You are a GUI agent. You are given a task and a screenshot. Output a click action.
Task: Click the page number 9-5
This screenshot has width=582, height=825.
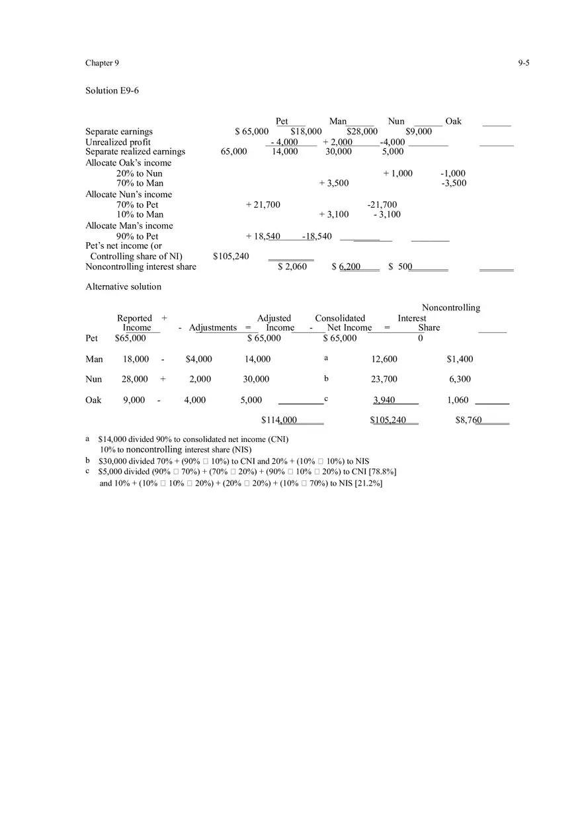pos(524,63)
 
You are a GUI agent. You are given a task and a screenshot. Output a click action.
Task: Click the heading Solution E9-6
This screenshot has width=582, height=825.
pos(112,91)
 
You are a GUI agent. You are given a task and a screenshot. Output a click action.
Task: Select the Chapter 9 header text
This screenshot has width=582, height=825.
pos(102,63)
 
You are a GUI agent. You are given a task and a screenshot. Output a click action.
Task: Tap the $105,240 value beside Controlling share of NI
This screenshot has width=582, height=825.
pos(231,257)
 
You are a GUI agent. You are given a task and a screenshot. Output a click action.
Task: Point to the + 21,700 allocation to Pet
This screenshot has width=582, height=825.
pos(263,205)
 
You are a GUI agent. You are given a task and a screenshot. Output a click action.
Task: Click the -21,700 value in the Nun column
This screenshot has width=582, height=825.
pos(382,205)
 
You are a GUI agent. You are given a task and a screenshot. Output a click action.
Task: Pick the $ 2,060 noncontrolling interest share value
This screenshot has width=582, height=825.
pos(292,267)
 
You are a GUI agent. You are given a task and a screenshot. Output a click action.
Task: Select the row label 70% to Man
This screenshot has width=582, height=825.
pos(140,183)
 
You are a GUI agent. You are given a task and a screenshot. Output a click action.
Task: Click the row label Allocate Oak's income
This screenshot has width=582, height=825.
pos(128,163)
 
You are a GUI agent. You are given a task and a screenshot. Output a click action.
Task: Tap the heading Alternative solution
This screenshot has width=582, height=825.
pos(123,286)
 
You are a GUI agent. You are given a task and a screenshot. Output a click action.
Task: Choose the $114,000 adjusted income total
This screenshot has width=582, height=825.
pos(279,420)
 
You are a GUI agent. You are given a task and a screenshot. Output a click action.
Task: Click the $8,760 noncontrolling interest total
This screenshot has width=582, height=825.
pos(468,420)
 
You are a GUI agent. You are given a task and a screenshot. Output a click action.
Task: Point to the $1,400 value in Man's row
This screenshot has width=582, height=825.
pos(460,359)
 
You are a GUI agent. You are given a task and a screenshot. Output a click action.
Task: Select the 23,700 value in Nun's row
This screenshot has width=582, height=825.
pos(384,379)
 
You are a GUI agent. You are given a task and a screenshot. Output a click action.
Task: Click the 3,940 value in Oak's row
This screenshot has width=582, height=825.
pos(384,400)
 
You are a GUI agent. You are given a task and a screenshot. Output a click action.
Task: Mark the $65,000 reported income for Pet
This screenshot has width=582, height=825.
pos(130,338)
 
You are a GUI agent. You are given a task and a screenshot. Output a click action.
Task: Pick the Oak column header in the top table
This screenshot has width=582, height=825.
pos(454,121)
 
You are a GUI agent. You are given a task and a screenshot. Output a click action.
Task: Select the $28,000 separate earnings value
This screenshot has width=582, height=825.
pos(362,132)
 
